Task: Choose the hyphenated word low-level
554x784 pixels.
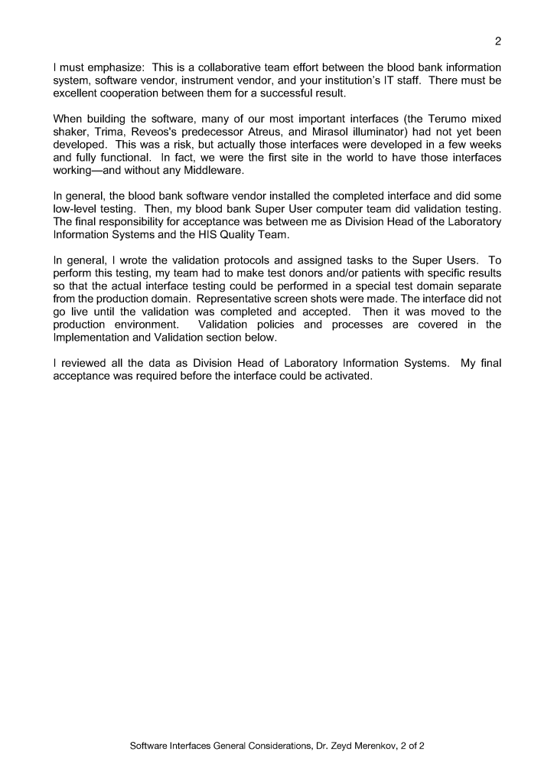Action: (x=78, y=207)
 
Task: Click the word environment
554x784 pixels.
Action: (x=145, y=325)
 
